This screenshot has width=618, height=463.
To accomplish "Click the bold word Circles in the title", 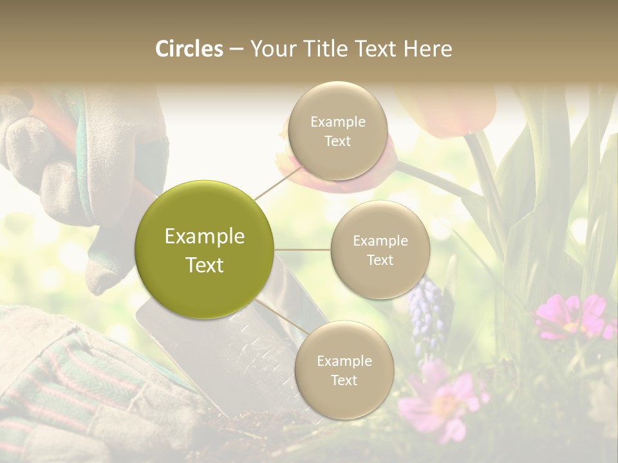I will click(x=189, y=49).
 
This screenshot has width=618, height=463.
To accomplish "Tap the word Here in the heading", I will click(x=427, y=49).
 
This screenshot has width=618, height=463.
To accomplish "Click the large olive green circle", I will click(x=205, y=250).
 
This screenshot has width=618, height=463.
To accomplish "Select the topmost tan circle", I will click(x=338, y=131).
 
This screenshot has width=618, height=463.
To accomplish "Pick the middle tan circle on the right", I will click(x=380, y=250).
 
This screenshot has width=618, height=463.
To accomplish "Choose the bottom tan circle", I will click(x=344, y=370).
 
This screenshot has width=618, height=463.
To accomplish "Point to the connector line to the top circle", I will click(x=278, y=181).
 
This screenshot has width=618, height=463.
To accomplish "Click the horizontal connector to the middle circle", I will click(x=303, y=250).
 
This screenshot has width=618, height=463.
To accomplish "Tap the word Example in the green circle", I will click(x=205, y=237).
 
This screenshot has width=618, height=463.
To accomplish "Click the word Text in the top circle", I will click(x=338, y=141).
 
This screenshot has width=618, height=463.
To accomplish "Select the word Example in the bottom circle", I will click(x=344, y=361).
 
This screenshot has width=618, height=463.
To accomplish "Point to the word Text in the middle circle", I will click(x=380, y=260).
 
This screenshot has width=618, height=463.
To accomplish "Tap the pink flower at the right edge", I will click(x=573, y=316).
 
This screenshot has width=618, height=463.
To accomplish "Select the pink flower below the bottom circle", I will click(x=441, y=402).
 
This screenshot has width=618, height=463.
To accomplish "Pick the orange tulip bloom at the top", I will click(x=451, y=106).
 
